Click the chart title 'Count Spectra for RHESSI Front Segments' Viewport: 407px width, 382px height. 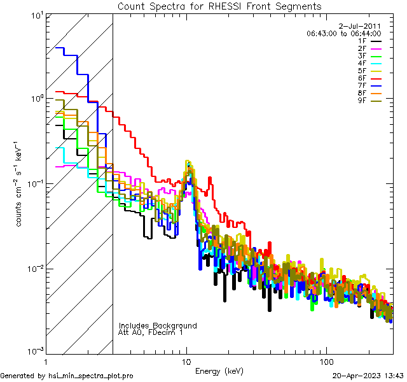click(x=219, y=6)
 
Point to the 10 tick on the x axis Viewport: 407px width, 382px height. click(x=186, y=362)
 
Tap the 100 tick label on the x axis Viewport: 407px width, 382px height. click(x=326, y=362)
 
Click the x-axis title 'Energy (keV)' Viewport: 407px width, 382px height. click(x=219, y=371)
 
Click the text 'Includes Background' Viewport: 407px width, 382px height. click(x=158, y=325)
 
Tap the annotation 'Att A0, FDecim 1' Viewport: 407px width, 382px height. click(x=151, y=332)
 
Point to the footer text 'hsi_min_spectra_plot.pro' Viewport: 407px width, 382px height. click(x=91, y=376)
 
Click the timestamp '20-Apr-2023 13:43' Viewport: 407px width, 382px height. click(x=368, y=376)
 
